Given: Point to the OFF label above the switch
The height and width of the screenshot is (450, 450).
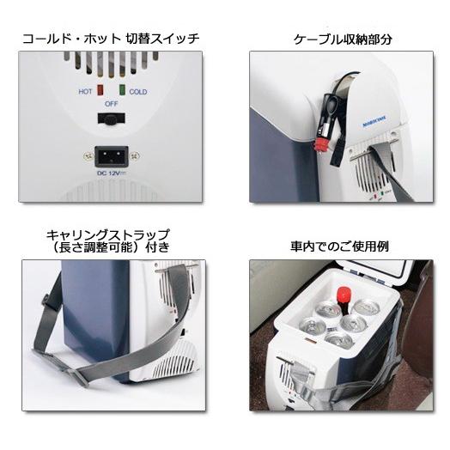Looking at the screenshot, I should coord(112,104).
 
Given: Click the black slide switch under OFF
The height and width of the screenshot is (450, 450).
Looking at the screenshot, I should coord(112,124).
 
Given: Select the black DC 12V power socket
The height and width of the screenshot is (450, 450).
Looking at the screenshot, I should coord(112,157).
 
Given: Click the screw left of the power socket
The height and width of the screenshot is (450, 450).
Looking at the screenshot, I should coord(86,157).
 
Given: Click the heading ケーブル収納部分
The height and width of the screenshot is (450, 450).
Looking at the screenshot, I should coord(337,39).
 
